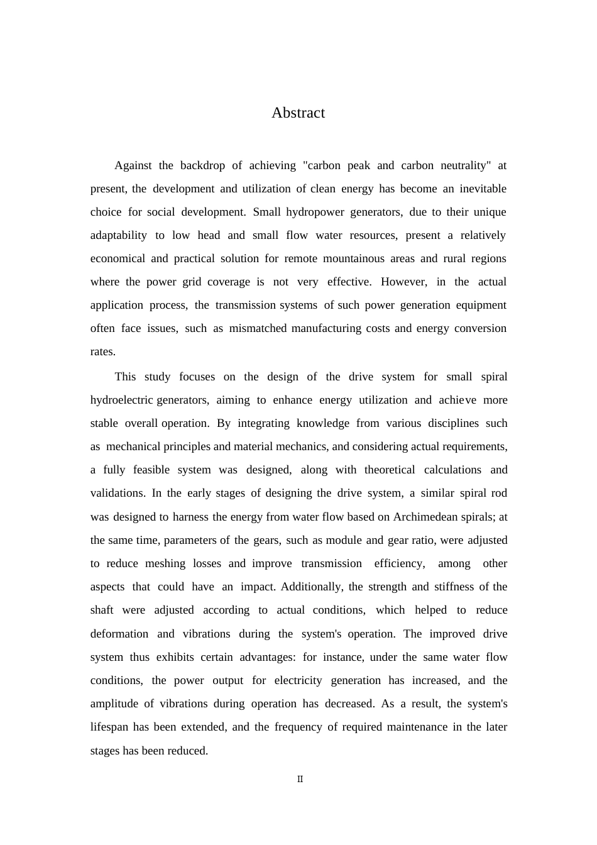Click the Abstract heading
tap(298, 113)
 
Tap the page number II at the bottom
tap(300, 779)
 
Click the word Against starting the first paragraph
tap(133, 165)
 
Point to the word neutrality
tap(460, 165)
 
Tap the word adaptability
tap(119, 235)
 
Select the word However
tap(403, 282)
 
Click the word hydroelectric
tap(121, 400)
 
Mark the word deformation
tap(119, 634)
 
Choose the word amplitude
tap(114, 704)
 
